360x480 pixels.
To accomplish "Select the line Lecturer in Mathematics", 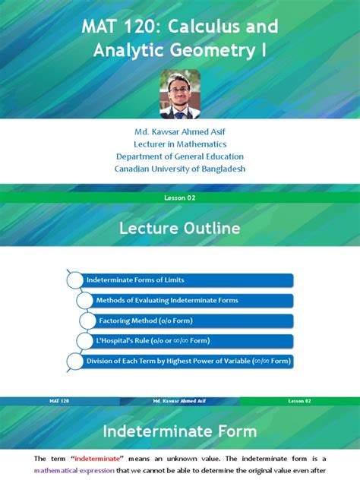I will [x=180, y=144].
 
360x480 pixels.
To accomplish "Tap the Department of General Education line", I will [x=180, y=156].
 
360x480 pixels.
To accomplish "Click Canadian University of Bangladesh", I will [x=180, y=169].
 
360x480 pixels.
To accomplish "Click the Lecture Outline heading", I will [x=180, y=228].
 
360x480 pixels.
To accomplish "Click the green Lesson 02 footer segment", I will [x=300, y=400].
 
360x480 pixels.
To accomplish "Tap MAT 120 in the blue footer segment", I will [x=60, y=400].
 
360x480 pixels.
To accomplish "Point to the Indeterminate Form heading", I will [x=180, y=431].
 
